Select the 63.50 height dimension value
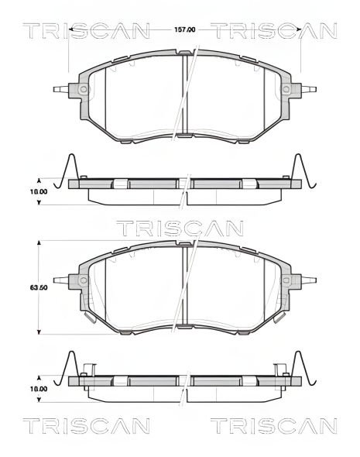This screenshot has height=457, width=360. (x=39, y=287)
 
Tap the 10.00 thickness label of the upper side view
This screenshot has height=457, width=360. (x=39, y=191)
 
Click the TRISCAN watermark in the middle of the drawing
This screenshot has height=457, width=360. (x=180, y=228)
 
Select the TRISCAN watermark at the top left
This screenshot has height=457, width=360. (x=86, y=31)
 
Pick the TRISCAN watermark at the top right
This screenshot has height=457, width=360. (x=274, y=31)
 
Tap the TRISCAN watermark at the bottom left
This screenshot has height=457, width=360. (x=86, y=426)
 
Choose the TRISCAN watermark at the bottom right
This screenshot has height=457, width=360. (x=274, y=426)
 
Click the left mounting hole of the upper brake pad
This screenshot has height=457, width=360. (x=82, y=90)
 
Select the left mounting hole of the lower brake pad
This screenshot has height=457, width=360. (x=82, y=280)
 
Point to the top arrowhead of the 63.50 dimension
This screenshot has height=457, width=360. (x=39, y=242)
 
